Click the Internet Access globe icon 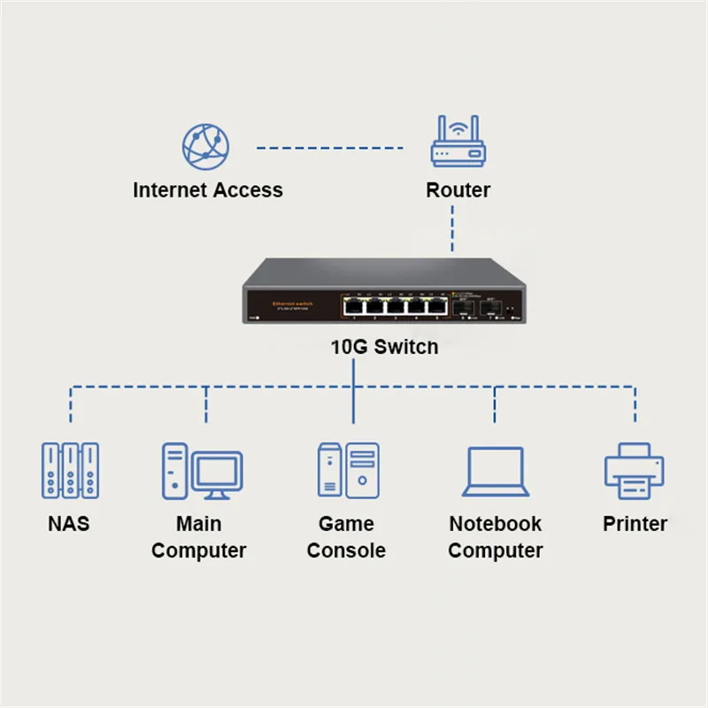tap(205, 147)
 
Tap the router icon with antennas tap(458, 142)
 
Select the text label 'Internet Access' tap(208, 190)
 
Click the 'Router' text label tap(458, 190)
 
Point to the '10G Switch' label tap(384, 347)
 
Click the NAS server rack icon tap(70, 470)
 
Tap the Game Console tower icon tap(348, 470)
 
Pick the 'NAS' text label tap(69, 524)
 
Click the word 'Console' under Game tap(346, 550)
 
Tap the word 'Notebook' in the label tap(495, 524)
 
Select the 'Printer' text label tap(635, 524)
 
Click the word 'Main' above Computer tap(198, 524)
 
